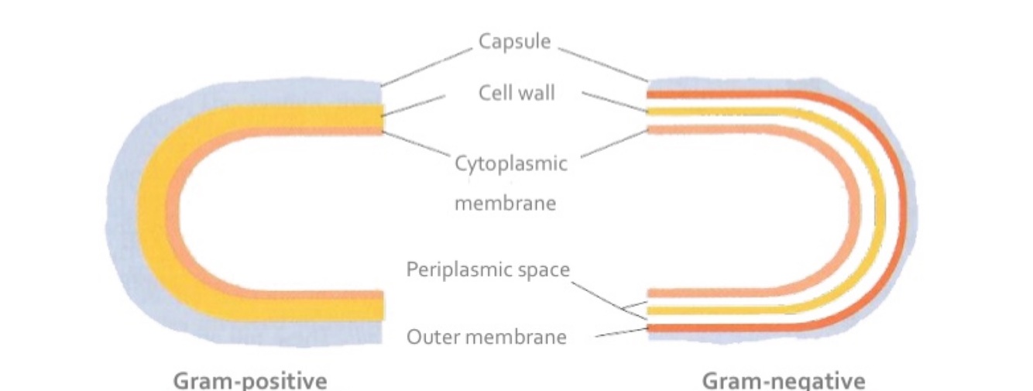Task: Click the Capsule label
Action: coord(513,41)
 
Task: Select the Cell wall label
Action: coord(516,94)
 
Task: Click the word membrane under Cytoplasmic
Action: coord(505,204)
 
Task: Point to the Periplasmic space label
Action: coord(488,270)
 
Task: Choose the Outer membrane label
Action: coord(486,338)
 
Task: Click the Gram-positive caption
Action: coord(249,381)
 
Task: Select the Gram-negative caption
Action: coord(783,381)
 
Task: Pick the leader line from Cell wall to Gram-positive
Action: coord(414,106)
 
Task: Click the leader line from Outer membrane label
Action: coord(619,333)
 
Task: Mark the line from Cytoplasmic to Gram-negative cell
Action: coord(613,144)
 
